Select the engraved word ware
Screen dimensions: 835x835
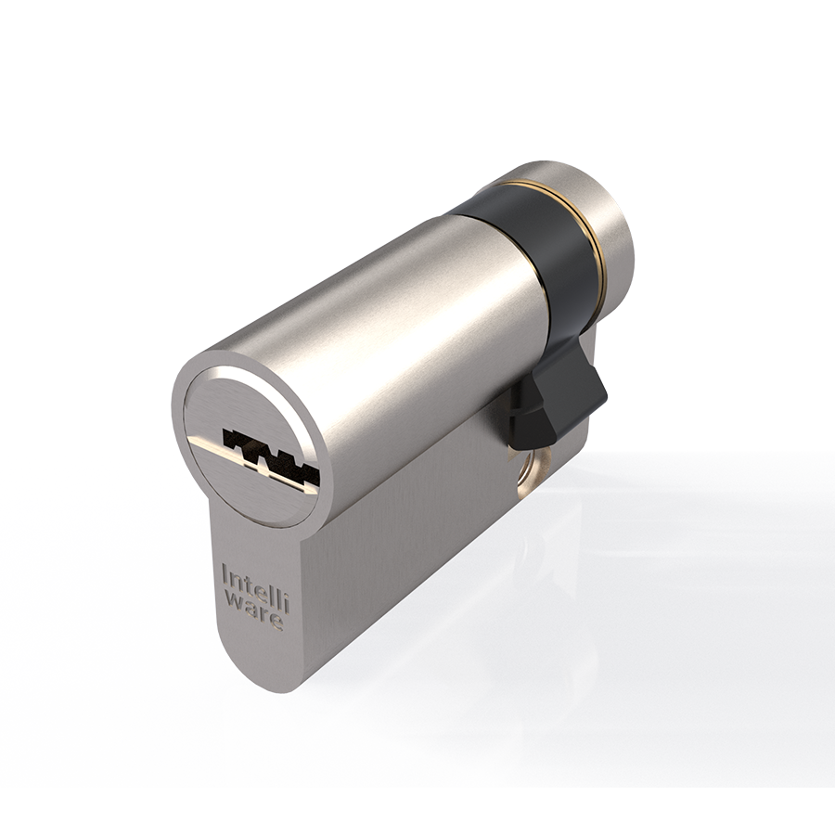tap(252, 613)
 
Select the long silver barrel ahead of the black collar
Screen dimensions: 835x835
tap(390, 334)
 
